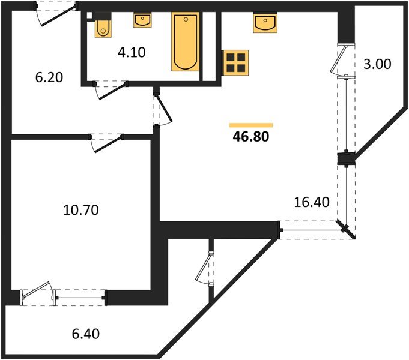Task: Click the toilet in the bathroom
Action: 103,26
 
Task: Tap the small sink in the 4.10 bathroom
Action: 142,21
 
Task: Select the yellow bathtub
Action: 184,41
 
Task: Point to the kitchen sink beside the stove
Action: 265,23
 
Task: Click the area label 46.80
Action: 250,137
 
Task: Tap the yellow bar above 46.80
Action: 250,125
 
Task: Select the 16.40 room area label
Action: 311,202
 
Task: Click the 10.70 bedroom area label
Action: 80,210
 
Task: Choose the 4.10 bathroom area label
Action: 132,52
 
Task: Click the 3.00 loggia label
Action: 377,64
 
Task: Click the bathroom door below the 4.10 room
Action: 112,88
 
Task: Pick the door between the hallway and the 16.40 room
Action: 162,110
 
